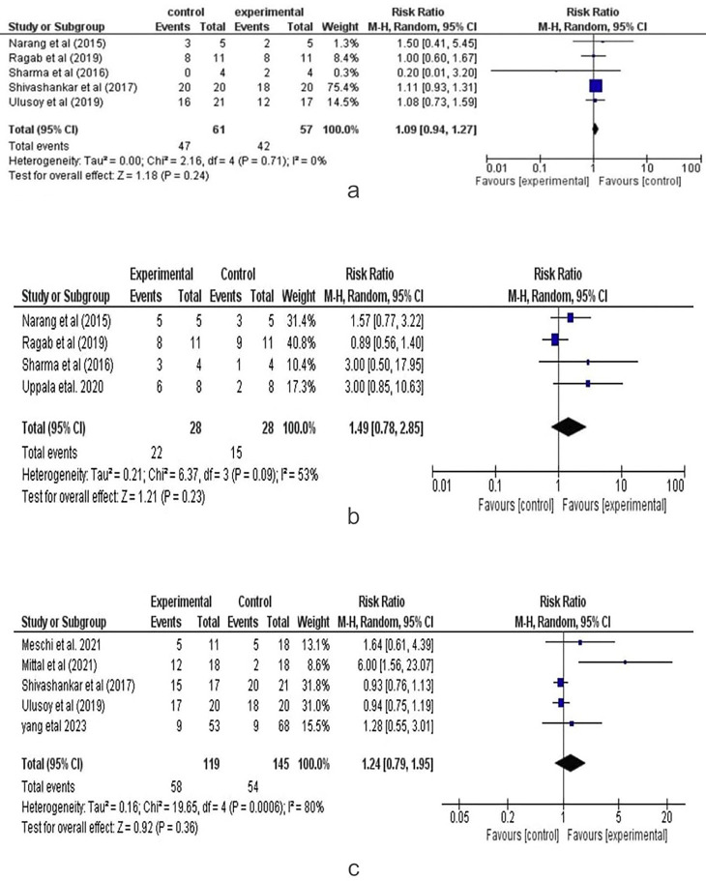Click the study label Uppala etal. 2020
pos(58,387)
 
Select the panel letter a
pos(353,191)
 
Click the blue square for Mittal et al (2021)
pos(625,662)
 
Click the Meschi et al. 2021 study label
pos(60,642)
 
